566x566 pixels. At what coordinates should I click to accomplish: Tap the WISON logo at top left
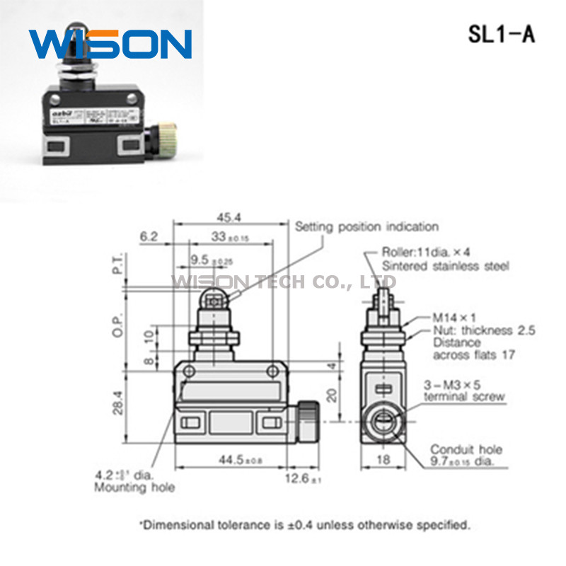pos(110,44)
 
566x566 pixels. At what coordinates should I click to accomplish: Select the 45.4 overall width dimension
pos(230,217)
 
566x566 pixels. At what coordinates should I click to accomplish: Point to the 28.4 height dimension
pos(120,403)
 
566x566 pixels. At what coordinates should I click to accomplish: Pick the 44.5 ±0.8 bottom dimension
pos(228,461)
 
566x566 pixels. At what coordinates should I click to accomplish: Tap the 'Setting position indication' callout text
pos(366,227)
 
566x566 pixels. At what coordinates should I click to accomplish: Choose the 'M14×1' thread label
pos(451,318)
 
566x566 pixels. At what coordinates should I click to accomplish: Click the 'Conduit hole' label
pos(466,449)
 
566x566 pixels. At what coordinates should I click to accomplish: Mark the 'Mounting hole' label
pos(134,487)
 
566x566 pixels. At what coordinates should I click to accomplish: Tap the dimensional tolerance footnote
pos(304,525)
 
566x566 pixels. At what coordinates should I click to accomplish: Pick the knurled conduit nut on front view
pos(306,422)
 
